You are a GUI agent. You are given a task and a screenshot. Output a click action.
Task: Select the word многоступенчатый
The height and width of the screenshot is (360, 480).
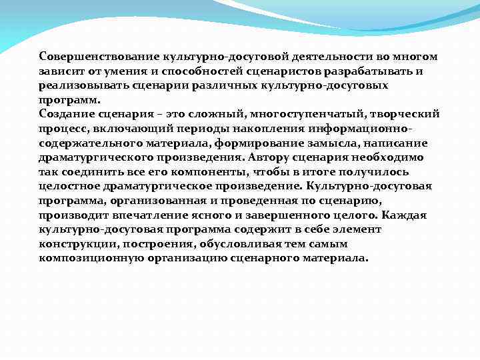[281, 114]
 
